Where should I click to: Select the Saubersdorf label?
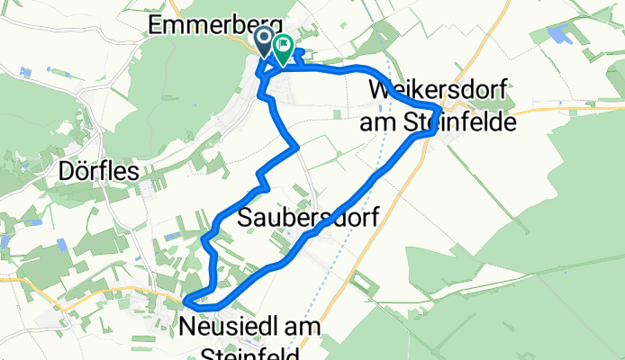[x=307, y=217]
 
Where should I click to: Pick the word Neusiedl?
[x=227, y=325]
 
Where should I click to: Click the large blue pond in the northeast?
[x=558, y=36]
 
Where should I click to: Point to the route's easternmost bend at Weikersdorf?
[x=439, y=110]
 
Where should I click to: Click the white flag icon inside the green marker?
[x=284, y=43]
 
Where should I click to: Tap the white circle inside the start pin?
[x=266, y=38]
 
